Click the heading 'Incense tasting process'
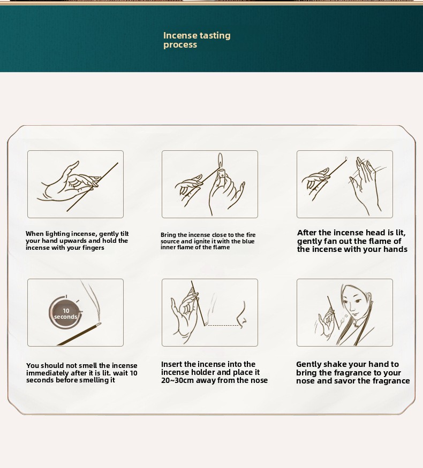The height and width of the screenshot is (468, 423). pyautogui.click(x=197, y=40)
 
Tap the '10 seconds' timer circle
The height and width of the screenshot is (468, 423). pyautogui.click(x=65, y=313)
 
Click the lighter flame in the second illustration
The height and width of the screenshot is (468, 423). pyautogui.click(x=220, y=161)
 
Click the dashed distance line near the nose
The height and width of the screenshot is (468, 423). pyautogui.click(x=223, y=325)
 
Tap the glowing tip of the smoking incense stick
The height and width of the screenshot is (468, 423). pyautogui.click(x=99, y=325)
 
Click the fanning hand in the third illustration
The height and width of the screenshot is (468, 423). pyautogui.click(x=365, y=185)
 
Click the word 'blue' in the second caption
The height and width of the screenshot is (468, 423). pyautogui.click(x=248, y=241)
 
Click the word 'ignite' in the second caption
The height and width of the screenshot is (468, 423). pyautogui.click(x=202, y=241)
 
